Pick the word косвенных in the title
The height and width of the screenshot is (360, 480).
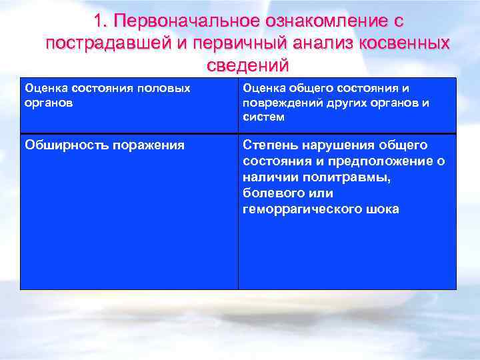409,44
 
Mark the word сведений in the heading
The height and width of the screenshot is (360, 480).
248,65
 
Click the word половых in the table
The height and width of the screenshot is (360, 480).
165,88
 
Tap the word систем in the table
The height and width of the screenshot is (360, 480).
263,117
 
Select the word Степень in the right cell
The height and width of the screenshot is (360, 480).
269,145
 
